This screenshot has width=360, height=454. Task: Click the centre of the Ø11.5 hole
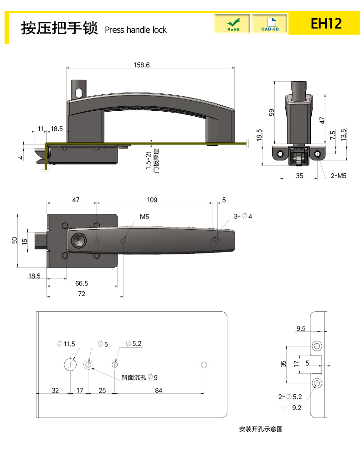[x=70, y=365]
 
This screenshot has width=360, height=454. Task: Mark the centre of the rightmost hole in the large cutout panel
[x=204, y=365]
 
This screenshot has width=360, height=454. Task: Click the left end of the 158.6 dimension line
[x=67, y=68]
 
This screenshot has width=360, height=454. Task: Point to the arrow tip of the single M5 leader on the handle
[x=123, y=240]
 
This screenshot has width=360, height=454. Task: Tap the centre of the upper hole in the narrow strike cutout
[x=317, y=346]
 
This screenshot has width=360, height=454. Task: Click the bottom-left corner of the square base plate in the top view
[x=47, y=267]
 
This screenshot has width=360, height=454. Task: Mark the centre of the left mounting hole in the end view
[x=280, y=154]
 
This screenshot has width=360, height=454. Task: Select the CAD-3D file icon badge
[x=270, y=24]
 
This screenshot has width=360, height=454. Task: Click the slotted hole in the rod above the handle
[x=79, y=93]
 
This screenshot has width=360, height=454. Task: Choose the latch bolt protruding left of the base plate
[x=41, y=240]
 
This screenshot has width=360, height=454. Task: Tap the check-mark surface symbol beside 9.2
[x=284, y=407]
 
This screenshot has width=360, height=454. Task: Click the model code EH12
[x=326, y=24]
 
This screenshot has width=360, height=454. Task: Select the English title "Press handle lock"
[x=136, y=30]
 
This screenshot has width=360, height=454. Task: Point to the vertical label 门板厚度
[x=157, y=161]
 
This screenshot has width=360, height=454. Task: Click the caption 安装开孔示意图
[x=261, y=429]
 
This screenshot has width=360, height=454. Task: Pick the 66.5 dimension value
[x=82, y=283]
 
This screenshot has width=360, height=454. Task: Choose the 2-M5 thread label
[x=338, y=176]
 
